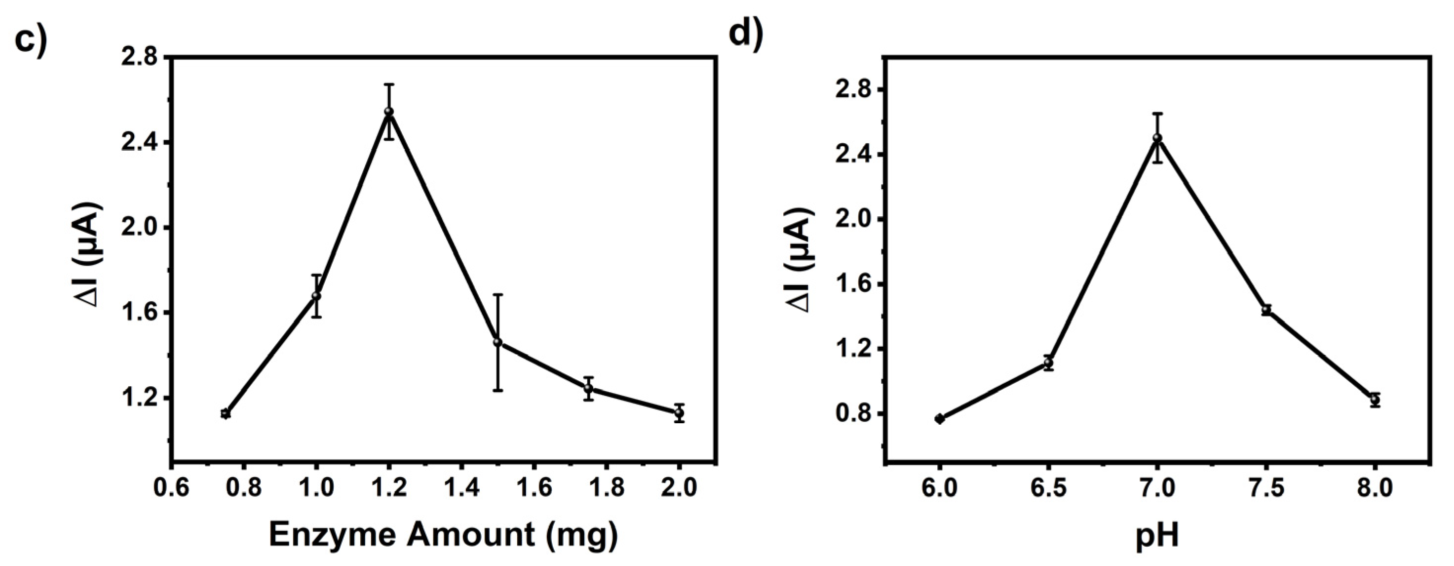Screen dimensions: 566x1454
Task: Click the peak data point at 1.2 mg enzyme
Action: click(389, 112)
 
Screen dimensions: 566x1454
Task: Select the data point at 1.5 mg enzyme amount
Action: click(497, 342)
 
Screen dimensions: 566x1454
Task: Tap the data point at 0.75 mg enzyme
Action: click(225, 413)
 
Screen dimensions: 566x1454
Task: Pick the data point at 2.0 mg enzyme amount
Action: click(679, 412)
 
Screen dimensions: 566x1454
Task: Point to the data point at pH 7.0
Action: click(1157, 138)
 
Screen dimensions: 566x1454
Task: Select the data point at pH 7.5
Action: click(1266, 310)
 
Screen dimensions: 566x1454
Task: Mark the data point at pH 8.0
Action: click(1375, 400)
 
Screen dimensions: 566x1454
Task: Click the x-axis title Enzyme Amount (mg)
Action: click(443, 534)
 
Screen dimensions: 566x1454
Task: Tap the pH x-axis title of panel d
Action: click(1157, 535)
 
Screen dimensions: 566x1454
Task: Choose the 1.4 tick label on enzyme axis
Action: click(461, 486)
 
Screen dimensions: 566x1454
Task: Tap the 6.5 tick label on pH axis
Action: click(1048, 486)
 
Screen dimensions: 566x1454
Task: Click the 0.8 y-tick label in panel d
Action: click(852, 414)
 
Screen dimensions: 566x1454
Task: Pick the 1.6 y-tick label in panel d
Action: click(852, 284)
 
